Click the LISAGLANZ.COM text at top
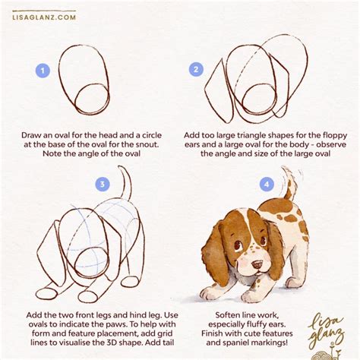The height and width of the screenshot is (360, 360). (44, 17)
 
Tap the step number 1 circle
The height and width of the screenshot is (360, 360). (43, 71)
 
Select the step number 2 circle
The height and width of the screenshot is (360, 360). (196, 70)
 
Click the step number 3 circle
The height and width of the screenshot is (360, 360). (101, 184)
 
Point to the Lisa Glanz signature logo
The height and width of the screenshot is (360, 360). (328, 330)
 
